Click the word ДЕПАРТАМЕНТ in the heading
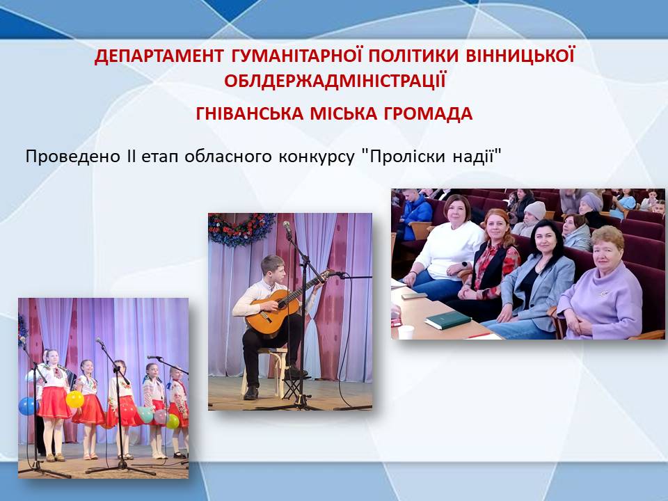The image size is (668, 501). pyautogui.click(x=159, y=56)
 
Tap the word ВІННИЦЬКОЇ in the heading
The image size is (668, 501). pyautogui.click(x=520, y=56)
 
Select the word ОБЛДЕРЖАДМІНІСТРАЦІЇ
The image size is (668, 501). pyautogui.click(x=335, y=81)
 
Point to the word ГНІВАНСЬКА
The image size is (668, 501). pyautogui.click(x=250, y=113)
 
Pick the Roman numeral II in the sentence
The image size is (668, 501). pyautogui.click(x=131, y=157)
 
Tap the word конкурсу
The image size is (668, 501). pyautogui.click(x=317, y=157)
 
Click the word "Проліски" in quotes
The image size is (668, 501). pyautogui.click(x=404, y=157)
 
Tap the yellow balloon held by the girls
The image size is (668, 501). pyautogui.click(x=75, y=399)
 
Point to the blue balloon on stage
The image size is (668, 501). pyautogui.click(x=28, y=406)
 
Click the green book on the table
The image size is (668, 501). pyautogui.click(x=447, y=319)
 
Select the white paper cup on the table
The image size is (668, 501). pyautogui.click(x=406, y=332)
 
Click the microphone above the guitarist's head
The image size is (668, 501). pyautogui.click(x=287, y=228)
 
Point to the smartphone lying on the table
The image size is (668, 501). pyautogui.click(x=414, y=295)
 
